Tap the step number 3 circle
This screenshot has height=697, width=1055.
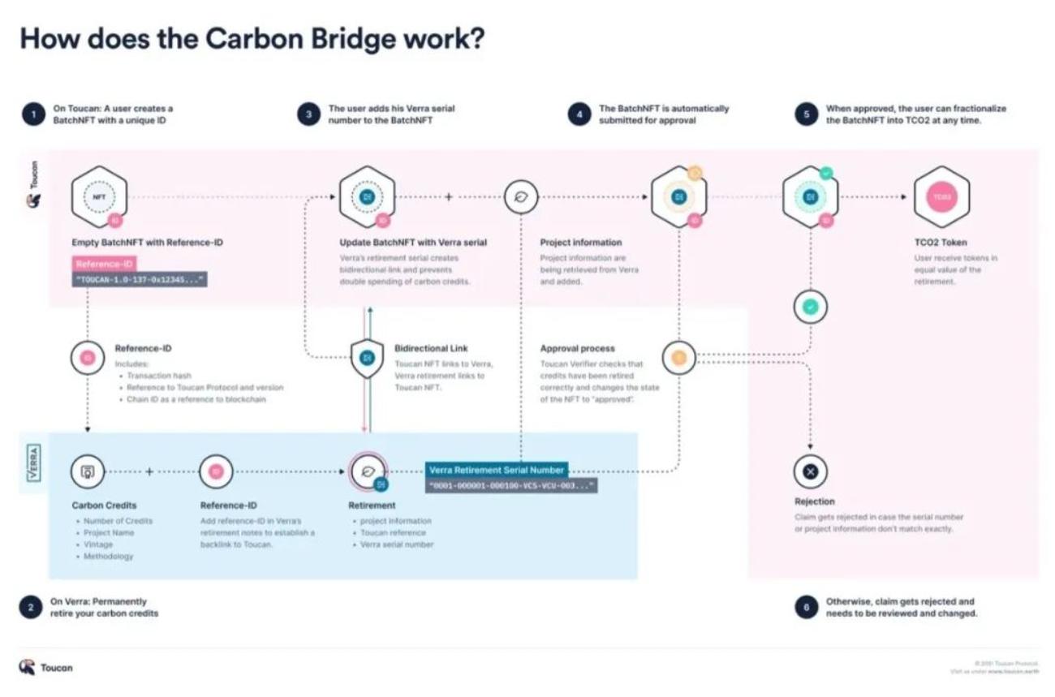308,114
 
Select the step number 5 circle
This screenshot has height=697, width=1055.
806,114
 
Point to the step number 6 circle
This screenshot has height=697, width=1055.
806,608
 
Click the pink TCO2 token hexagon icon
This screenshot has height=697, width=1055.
941,197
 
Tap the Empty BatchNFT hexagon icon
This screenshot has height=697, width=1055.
98,197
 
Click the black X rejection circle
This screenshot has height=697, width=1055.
810,471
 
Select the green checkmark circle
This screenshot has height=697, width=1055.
810,308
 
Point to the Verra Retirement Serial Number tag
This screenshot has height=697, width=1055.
497,470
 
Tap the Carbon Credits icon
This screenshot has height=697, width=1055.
88,471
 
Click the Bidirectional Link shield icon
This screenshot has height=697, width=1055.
366,357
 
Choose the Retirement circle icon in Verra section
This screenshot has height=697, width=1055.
368,471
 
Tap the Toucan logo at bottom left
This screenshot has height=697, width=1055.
46,667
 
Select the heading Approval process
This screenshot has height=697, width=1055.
577,349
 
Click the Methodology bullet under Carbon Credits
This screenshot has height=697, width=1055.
108,557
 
